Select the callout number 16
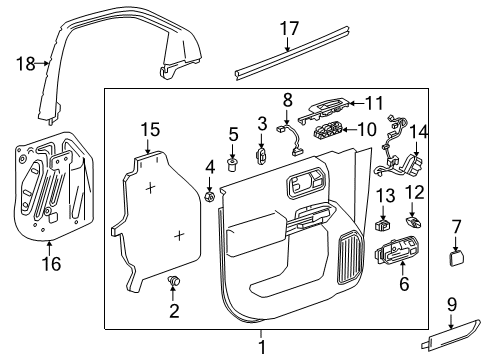coord(49,264)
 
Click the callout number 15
coord(150,129)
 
